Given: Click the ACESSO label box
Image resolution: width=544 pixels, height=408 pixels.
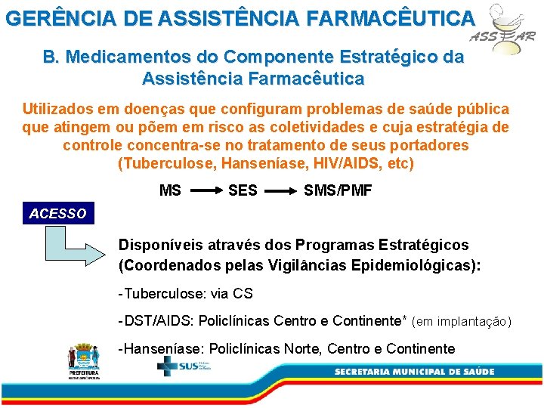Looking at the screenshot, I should [x=58, y=214].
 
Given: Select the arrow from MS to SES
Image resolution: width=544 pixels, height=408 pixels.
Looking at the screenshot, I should [x=204, y=191].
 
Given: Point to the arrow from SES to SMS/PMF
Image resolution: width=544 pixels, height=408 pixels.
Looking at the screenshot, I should [x=280, y=191].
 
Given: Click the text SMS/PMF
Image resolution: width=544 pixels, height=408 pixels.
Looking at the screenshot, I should [x=338, y=191].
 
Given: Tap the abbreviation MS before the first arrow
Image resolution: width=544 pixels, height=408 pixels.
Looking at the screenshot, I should [x=170, y=191].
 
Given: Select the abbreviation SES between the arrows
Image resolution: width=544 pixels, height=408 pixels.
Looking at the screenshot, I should [x=243, y=191].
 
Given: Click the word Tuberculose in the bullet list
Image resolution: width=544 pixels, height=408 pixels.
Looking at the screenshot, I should [x=160, y=293].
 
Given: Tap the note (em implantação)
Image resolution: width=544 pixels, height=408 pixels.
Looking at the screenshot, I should [x=462, y=322].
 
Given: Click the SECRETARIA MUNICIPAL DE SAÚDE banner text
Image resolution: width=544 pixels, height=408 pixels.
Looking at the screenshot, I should [x=415, y=372].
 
